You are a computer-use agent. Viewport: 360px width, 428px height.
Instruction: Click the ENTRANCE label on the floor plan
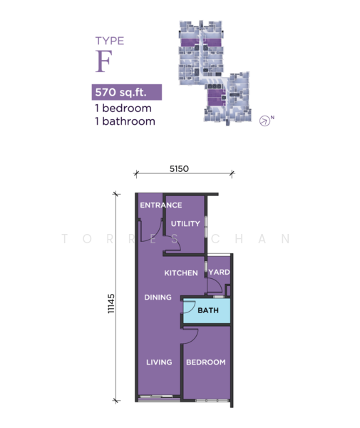[161, 205]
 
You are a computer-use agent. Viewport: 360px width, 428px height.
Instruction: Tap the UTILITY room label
[185, 224]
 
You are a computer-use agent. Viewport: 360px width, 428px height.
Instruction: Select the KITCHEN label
[181, 273]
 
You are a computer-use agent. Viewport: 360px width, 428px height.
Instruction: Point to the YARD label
[219, 272]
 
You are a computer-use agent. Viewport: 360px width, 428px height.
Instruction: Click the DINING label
[158, 297]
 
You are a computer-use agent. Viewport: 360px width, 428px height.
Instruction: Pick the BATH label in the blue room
[208, 310]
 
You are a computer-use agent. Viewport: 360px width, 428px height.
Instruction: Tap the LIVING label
[159, 362]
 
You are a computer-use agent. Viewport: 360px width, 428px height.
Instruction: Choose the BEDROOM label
[206, 362]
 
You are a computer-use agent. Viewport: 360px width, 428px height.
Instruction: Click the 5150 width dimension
[179, 168]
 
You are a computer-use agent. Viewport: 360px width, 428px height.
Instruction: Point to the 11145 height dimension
[111, 304]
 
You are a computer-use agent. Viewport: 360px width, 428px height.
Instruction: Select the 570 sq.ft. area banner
[127, 92]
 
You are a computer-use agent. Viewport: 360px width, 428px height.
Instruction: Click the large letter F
[103, 61]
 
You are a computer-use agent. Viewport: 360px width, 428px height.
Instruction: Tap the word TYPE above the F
[110, 41]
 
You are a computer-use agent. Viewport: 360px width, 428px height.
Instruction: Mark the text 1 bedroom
[123, 108]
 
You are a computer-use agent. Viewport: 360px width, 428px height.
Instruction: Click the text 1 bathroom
[125, 121]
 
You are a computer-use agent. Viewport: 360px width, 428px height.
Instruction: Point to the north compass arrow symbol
[264, 121]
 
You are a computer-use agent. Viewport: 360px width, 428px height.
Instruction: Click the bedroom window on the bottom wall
[212, 400]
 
